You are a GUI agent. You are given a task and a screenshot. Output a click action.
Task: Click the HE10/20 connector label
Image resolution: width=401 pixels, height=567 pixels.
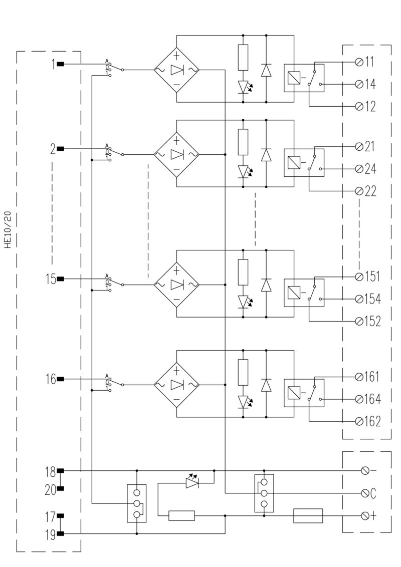pyautogui.click(x=7, y=228)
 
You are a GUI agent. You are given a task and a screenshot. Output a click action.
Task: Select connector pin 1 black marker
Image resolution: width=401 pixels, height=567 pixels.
pyautogui.click(x=60, y=64)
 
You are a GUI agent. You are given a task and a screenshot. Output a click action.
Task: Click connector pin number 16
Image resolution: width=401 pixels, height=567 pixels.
pyautogui.click(x=51, y=379)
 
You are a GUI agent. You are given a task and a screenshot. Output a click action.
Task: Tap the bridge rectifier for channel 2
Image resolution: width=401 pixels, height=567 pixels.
pyautogui.click(x=176, y=154)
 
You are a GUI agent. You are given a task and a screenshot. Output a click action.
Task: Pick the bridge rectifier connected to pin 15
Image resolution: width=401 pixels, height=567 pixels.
pyautogui.click(x=176, y=285)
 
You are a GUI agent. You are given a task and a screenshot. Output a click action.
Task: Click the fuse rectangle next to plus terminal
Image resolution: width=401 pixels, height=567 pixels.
pyautogui.click(x=308, y=515)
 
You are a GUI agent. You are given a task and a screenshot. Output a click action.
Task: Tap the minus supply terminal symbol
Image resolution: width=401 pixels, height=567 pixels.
pyautogui.click(x=365, y=471)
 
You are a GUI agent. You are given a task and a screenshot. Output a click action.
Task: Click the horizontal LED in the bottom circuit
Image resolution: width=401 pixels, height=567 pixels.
pyautogui.click(x=192, y=483)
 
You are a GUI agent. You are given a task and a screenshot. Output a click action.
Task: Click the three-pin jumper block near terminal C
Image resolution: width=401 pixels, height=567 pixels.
pyautogui.click(x=264, y=493)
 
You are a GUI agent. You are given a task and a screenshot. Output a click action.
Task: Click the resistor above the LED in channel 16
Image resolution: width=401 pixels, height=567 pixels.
pyautogui.click(x=243, y=372)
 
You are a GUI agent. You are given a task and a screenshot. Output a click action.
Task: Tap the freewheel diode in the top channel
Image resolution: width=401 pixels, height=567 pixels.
pyautogui.click(x=266, y=70)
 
